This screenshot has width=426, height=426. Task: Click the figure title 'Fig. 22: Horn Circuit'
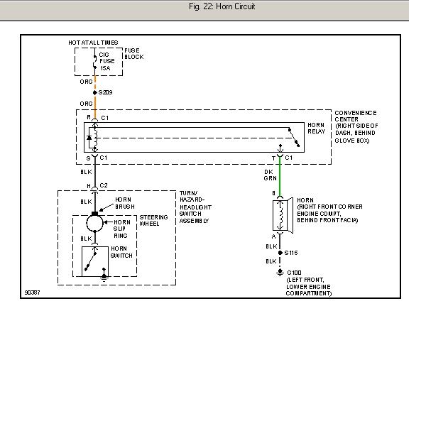[222, 6]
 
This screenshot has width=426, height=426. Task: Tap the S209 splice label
[105, 92]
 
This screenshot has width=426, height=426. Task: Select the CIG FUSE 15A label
[106, 61]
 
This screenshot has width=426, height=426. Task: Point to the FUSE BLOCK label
[134, 53]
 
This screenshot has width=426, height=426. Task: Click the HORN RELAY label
[316, 128]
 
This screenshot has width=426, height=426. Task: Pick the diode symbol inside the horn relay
[89, 138]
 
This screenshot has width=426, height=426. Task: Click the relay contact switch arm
[294, 138]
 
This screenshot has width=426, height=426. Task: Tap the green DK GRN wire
[280, 177]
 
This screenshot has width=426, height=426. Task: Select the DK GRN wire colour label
[270, 175]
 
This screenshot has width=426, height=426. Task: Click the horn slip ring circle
[94, 224]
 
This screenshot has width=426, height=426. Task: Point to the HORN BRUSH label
[125, 203]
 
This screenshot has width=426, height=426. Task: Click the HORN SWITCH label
[121, 252]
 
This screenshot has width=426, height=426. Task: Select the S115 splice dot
[280, 253]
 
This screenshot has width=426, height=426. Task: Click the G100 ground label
[294, 273]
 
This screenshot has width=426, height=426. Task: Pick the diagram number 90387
[33, 293]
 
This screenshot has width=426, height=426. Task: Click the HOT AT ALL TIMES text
[93, 43]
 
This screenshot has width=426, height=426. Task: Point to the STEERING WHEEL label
[153, 220]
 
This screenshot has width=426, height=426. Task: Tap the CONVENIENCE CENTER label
[356, 116]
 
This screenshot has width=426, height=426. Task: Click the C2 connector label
[104, 185]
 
